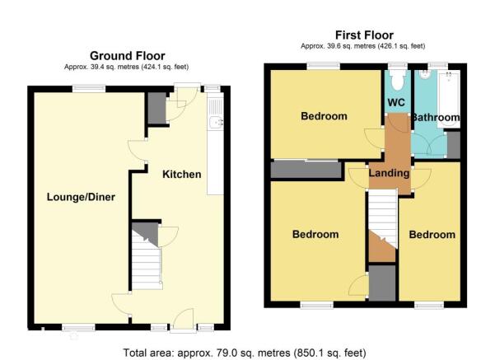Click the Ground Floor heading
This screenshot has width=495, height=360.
(x=127, y=56)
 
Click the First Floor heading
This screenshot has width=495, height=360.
(x=364, y=35)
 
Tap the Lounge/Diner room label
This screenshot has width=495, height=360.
(x=81, y=197)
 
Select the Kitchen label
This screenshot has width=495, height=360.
(x=181, y=174)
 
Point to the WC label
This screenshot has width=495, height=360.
(x=396, y=102)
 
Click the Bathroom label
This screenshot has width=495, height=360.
(x=436, y=117)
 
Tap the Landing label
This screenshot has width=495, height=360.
(x=389, y=173)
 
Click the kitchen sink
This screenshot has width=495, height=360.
(x=216, y=122)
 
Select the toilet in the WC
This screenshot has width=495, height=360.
(x=398, y=80)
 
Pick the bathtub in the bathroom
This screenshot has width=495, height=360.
(x=449, y=99)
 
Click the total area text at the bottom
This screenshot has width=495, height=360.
(x=245, y=353)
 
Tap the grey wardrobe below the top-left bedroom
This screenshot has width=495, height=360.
(x=306, y=170)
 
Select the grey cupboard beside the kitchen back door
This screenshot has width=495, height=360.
(x=156, y=108)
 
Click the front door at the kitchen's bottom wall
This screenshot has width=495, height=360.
(x=183, y=320)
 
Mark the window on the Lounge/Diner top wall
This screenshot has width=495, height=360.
(x=89, y=89)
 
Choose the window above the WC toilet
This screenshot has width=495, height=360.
(x=398, y=66)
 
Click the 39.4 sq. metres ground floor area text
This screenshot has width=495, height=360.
(x=126, y=67)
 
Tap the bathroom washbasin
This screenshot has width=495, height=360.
(x=424, y=74)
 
